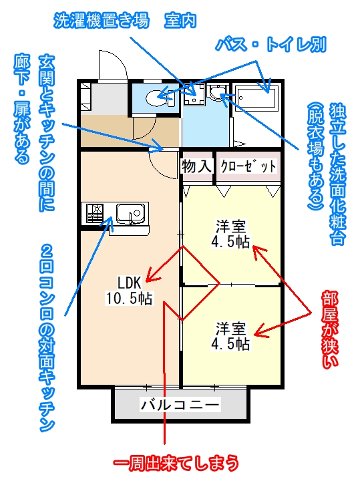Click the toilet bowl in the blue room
click(x=156, y=98)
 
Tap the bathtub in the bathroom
click(x=256, y=98)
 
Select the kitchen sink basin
click(x=130, y=213)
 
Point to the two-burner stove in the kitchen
click(x=95, y=213)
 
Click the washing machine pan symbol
click(x=194, y=94)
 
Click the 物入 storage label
click(x=197, y=166)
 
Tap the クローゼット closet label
click(x=248, y=166)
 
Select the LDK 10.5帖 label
click(x=130, y=290)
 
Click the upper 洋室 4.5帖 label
click(x=230, y=234)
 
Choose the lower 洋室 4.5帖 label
click(x=230, y=336)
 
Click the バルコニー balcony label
click(x=180, y=404)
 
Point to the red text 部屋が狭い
click(x=330, y=329)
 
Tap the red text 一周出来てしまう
click(x=176, y=463)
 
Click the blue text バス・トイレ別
click(x=271, y=45)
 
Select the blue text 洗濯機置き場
click(x=102, y=21)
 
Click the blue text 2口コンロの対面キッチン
click(x=47, y=337)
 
